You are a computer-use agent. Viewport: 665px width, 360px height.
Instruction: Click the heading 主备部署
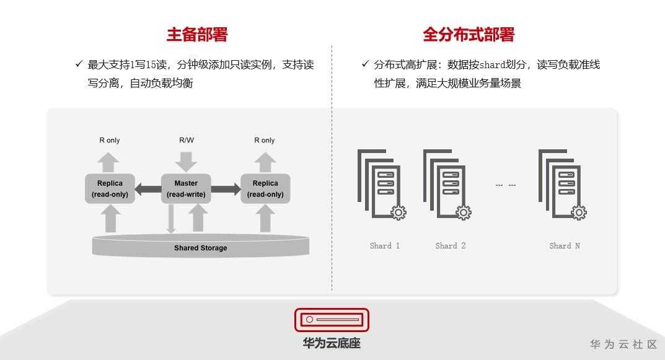[197, 35]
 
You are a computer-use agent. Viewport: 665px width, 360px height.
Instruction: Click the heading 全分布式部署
[469, 35]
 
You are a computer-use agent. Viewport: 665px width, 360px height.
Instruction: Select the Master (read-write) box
[186, 189]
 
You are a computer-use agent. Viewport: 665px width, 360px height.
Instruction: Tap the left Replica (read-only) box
[110, 189]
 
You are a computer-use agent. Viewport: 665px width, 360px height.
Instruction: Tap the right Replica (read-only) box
[265, 189]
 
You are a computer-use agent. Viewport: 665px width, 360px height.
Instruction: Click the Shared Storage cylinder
[200, 247]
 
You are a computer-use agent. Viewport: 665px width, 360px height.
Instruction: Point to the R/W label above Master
[187, 140]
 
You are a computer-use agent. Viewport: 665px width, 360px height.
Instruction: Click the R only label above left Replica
[110, 141]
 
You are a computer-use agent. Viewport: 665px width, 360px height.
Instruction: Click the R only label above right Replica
[265, 141]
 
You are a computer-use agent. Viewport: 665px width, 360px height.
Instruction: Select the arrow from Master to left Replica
[148, 189]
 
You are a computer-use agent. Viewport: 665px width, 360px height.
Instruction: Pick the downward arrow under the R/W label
[186, 161]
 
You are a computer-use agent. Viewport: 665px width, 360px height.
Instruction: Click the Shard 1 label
[385, 246]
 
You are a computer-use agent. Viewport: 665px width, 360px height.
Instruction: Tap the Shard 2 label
[451, 246]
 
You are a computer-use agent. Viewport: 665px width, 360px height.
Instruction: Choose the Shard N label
[565, 246]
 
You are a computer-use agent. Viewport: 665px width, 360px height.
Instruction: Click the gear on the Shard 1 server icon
[399, 213]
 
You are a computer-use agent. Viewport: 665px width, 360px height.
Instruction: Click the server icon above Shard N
[562, 183]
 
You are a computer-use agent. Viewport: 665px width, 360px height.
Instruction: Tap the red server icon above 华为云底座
[332, 320]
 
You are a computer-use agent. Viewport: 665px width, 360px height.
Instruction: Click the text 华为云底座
[332, 343]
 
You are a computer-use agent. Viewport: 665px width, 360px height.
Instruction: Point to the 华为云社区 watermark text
[623, 345]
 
